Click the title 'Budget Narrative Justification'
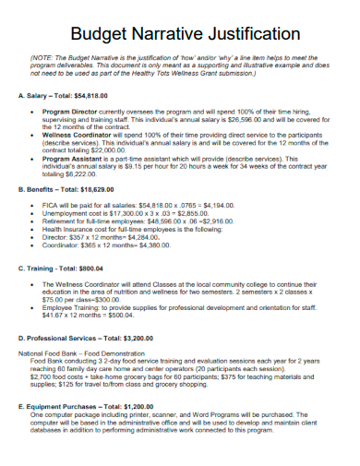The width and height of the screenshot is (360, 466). [180, 35]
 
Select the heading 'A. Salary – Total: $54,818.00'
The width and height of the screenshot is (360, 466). [67, 96]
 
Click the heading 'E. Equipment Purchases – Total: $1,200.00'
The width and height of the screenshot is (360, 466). [90, 404]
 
